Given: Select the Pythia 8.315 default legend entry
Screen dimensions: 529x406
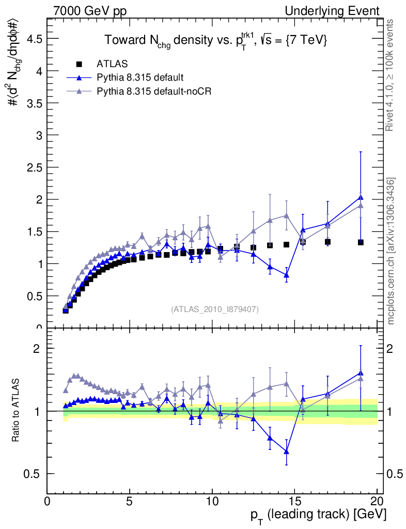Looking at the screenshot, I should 140,78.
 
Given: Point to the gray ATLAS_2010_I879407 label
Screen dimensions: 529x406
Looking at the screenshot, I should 215,309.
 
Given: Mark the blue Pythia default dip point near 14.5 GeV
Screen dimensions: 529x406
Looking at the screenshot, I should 286,275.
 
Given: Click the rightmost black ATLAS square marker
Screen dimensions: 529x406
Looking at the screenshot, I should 361,242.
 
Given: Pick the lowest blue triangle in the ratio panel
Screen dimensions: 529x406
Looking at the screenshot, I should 286,452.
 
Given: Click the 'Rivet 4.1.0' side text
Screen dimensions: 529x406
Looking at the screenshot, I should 391,75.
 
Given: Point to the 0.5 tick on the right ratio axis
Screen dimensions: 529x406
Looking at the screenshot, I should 394,474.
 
